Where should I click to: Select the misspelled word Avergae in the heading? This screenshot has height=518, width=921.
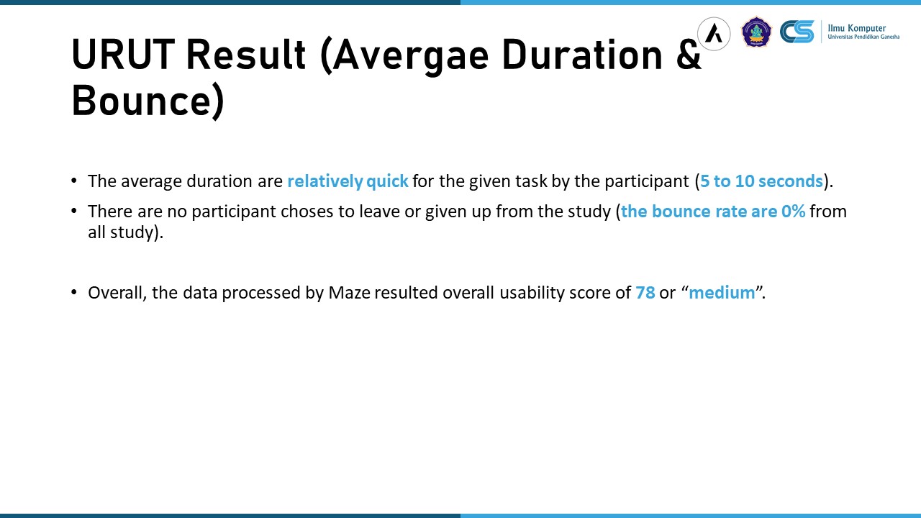411,57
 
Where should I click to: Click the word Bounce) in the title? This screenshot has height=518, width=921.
148,101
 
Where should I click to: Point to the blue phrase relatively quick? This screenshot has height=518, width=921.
348,181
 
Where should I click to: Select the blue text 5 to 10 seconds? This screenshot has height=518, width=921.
761,181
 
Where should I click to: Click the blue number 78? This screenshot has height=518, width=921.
645,293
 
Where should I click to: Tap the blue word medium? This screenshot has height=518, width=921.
722,293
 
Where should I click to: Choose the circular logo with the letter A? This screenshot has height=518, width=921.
714,34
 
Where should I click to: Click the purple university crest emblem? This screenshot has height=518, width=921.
756,32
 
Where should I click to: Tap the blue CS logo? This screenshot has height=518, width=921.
797,32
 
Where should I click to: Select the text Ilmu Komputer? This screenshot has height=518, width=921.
857,28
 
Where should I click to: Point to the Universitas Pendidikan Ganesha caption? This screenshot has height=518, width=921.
863,37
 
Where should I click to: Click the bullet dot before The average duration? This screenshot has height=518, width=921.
74,181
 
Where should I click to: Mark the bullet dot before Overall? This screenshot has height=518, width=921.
74,292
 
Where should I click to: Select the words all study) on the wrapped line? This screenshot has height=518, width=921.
126,232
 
